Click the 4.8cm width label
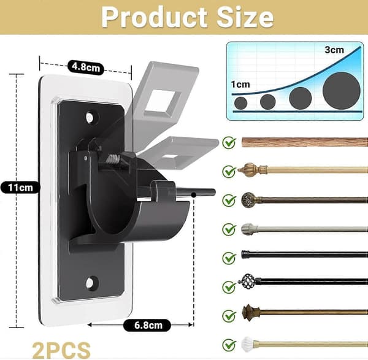[x=86, y=67]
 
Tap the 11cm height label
[x=20, y=188]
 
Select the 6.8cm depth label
[x=147, y=325]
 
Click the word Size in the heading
[x=245, y=17]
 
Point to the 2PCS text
[x=61, y=350]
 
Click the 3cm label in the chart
[x=334, y=50]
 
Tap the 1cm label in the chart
[x=240, y=84]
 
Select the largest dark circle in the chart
[x=341, y=91]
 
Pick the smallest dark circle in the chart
[x=241, y=103]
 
